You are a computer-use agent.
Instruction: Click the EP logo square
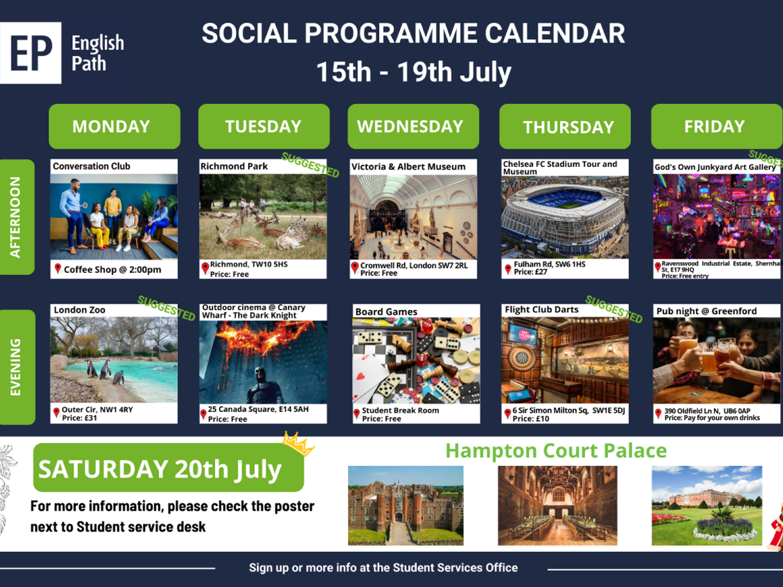click(x=30, y=53)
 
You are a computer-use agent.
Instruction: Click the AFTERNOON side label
click(x=16, y=217)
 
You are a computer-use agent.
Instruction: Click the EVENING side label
click(x=16, y=367)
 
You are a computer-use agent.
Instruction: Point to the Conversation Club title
click(x=92, y=166)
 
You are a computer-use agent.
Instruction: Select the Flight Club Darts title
click(x=541, y=310)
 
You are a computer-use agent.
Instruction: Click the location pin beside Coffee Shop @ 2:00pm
click(x=58, y=269)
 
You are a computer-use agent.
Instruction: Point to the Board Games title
click(x=386, y=312)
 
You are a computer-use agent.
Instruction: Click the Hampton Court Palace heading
click(x=555, y=451)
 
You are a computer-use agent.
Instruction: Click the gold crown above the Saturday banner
click(x=298, y=443)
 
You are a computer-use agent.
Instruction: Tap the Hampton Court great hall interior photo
click(x=557, y=505)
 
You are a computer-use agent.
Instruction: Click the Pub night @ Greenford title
click(x=706, y=311)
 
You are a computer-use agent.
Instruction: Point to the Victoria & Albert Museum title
click(x=408, y=167)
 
